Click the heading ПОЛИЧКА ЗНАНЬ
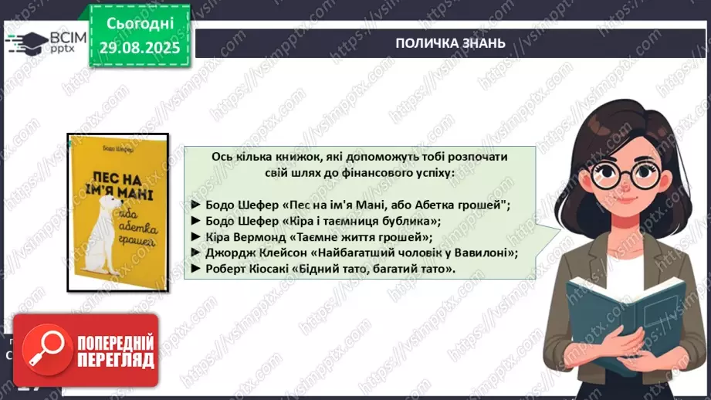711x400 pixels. pos(451,42)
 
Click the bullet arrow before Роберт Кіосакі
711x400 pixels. pos(195,269)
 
